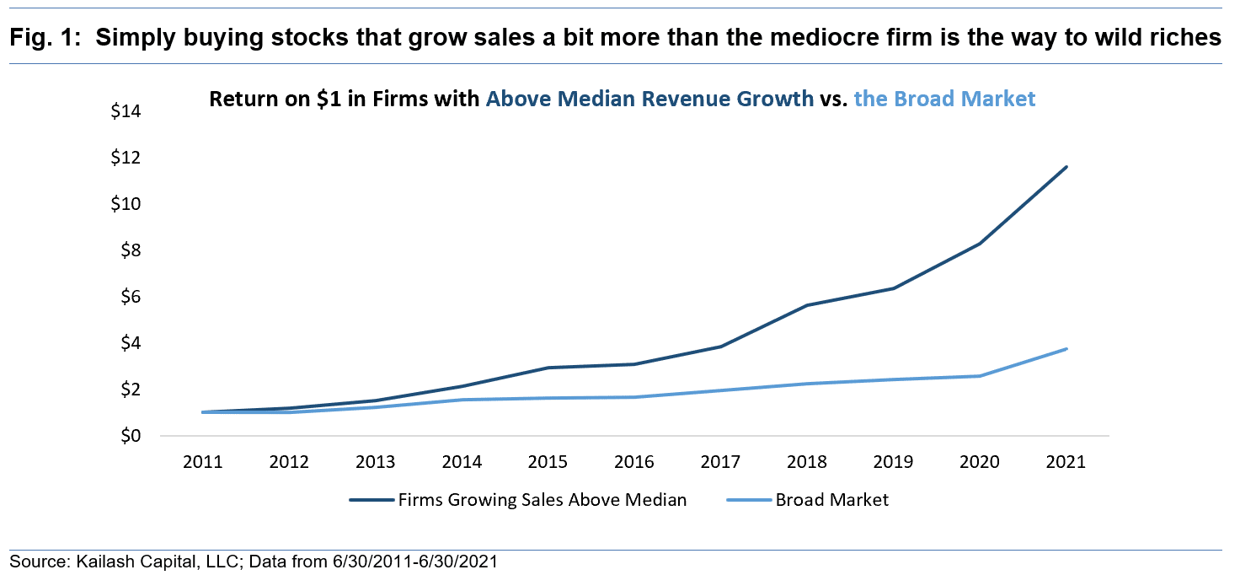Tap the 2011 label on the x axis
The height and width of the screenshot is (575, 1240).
[x=202, y=462]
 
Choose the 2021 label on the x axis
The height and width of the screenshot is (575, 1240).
[x=1066, y=462]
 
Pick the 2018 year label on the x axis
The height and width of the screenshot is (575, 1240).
[x=806, y=462]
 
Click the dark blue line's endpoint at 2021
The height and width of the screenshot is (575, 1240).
[x=1066, y=167]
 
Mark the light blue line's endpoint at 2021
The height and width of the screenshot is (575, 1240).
[x=1066, y=349]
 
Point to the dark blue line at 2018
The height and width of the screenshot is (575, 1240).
[x=807, y=305]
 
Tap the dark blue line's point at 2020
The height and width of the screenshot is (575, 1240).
[x=980, y=244]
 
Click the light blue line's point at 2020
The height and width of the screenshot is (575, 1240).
[x=980, y=376]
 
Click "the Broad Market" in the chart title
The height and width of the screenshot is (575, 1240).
[x=944, y=99]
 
